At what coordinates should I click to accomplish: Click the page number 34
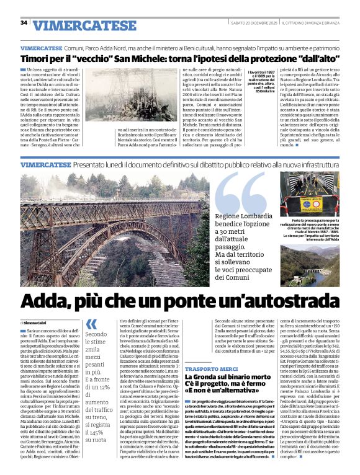24,23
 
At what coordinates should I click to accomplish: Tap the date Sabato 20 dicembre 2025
252,23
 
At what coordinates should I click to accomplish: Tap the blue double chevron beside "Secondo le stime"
91,324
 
